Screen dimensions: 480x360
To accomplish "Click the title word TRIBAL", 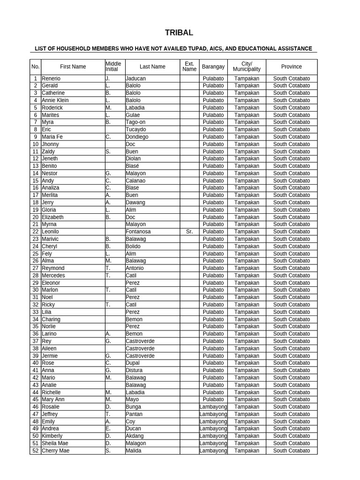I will coord(179,33).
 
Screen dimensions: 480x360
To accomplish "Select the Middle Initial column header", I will coord(113,67).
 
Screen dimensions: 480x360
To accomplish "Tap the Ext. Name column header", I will coord(189,67).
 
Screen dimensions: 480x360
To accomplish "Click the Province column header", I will coord(291,67).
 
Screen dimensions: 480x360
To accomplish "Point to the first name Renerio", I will coord(51,79).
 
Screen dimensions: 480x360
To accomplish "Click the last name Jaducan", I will coord(135,79).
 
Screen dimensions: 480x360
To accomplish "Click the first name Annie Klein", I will coord(55,100).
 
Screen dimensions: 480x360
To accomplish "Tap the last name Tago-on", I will coord(136,122).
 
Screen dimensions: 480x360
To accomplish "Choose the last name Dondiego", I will coord(137,137).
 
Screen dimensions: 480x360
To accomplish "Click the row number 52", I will coord(35,451).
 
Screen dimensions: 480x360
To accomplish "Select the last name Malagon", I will coord(136,443).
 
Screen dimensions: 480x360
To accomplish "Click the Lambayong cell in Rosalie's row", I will coord(213,407).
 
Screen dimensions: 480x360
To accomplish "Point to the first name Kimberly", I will coord(52,436).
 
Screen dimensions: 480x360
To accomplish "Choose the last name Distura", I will coord(134,370).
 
